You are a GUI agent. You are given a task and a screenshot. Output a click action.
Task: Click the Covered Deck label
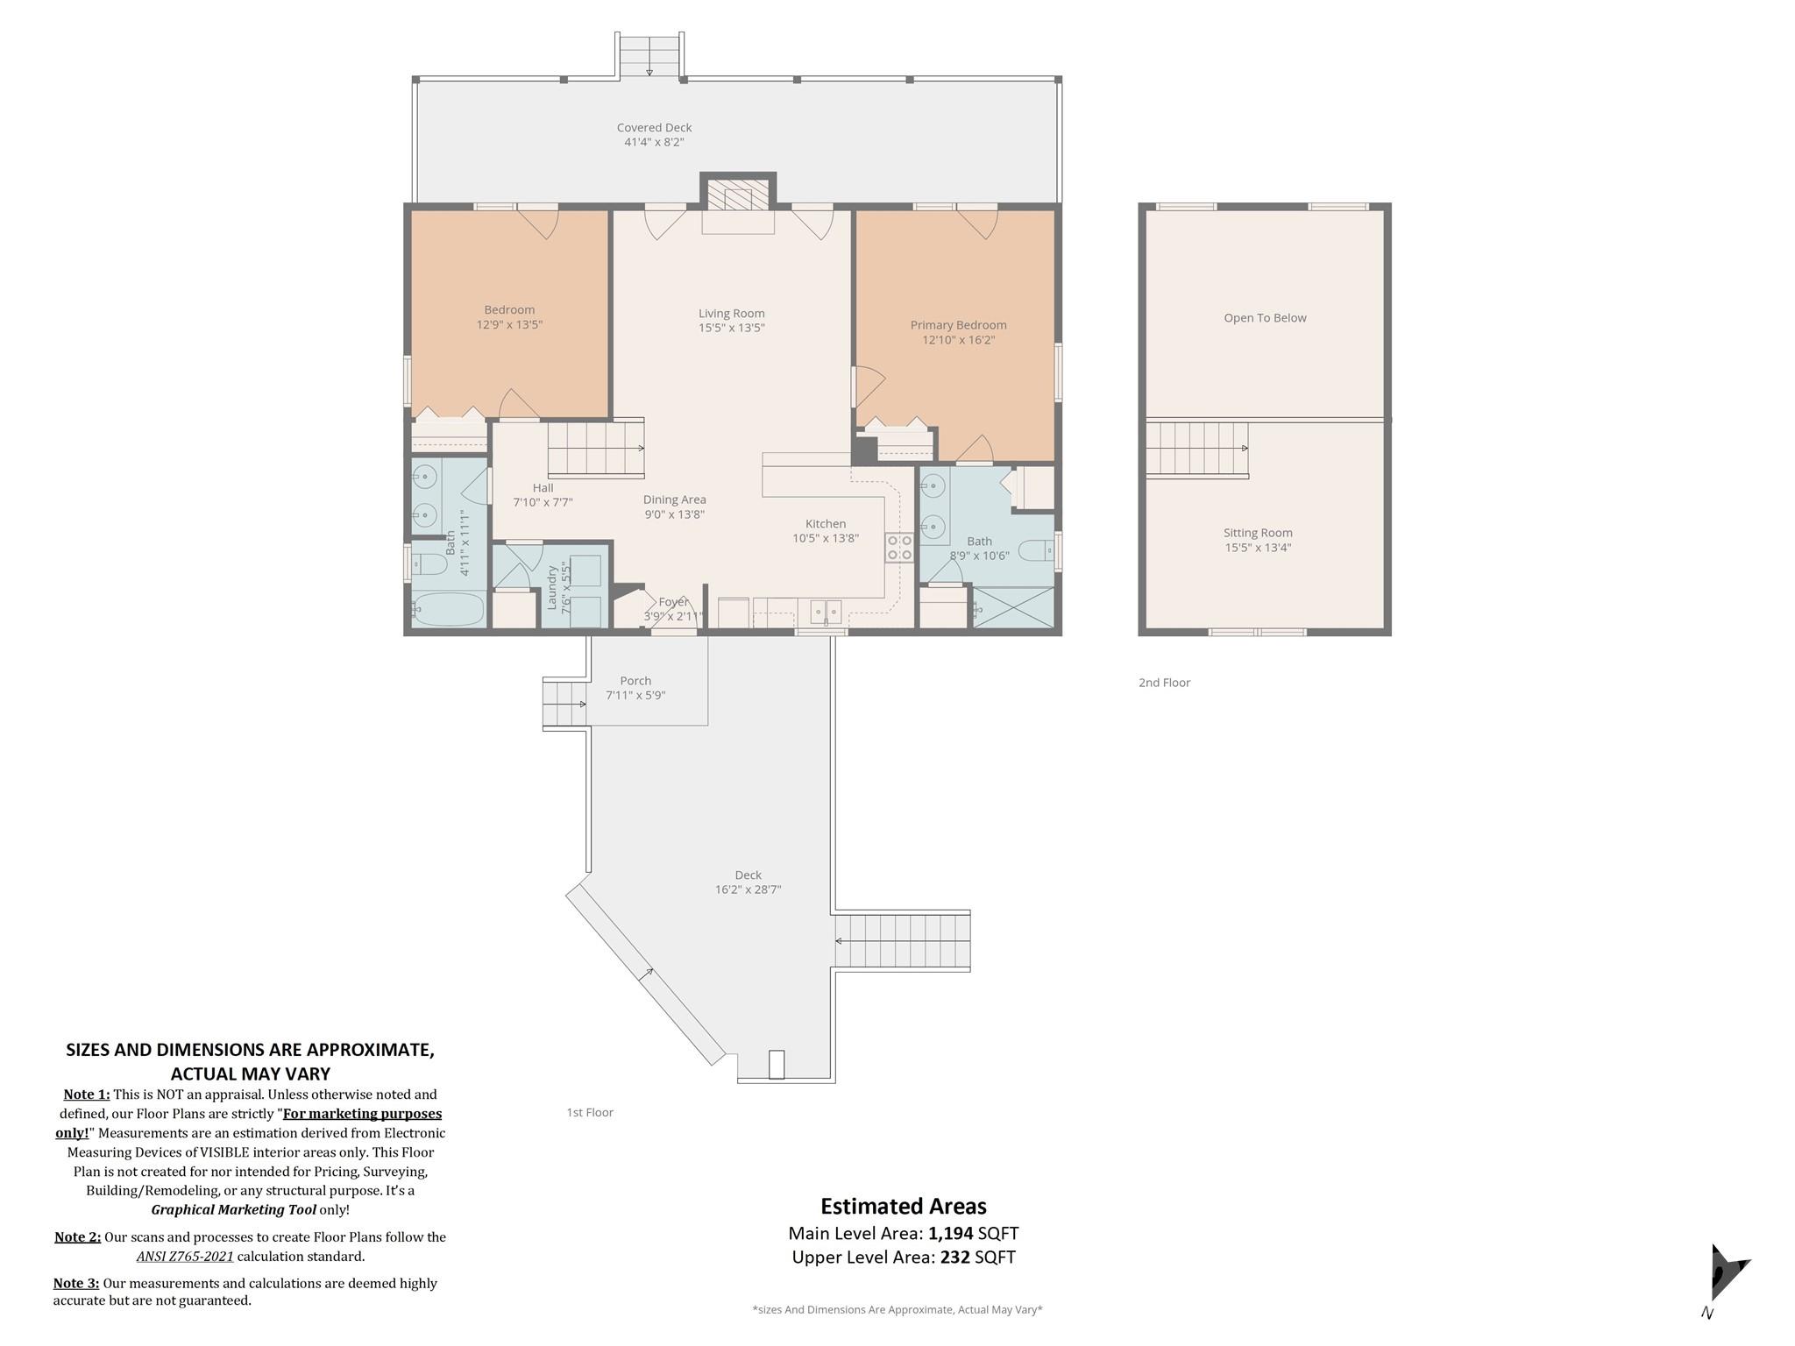pyautogui.click(x=654, y=128)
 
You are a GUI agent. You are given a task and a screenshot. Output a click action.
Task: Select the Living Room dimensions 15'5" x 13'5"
pyautogui.click(x=731, y=329)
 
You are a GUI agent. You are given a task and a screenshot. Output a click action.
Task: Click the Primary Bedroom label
pyautogui.click(x=958, y=325)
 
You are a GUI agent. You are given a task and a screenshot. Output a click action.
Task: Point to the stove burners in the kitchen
pyautogui.click(x=899, y=548)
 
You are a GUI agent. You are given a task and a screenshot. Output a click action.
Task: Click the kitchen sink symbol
pyautogui.click(x=825, y=611)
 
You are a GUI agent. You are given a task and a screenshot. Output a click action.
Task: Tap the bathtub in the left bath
pyautogui.click(x=448, y=609)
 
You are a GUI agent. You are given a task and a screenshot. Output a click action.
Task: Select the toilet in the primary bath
pyautogui.click(x=1036, y=550)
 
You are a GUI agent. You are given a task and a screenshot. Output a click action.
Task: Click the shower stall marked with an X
pyautogui.click(x=1013, y=607)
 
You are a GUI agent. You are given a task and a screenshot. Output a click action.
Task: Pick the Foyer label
pyautogui.click(x=673, y=602)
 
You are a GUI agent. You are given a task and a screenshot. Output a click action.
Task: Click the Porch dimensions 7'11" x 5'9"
pyautogui.click(x=635, y=696)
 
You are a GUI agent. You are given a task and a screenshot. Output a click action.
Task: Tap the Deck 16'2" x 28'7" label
pyautogui.click(x=748, y=882)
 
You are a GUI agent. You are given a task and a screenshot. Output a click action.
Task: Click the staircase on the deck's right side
pyautogui.click(x=902, y=941)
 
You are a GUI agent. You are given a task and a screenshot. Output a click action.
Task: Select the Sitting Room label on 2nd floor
pyautogui.click(x=1258, y=533)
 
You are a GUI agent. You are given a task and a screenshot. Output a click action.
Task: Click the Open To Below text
pyautogui.click(x=1265, y=318)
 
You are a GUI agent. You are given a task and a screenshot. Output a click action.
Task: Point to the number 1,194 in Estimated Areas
pyautogui.click(x=951, y=1234)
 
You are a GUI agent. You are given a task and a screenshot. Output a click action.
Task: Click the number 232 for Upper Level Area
pyautogui.click(x=955, y=1257)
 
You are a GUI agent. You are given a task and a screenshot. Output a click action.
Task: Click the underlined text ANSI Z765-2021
pyautogui.click(x=185, y=1257)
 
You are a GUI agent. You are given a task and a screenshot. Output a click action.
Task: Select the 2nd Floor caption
pyautogui.click(x=1164, y=683)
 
